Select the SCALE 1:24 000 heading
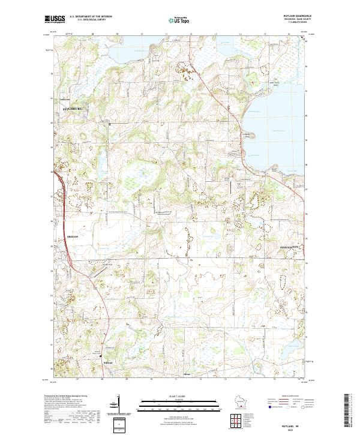pyautogui.click(x=181, y=396)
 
